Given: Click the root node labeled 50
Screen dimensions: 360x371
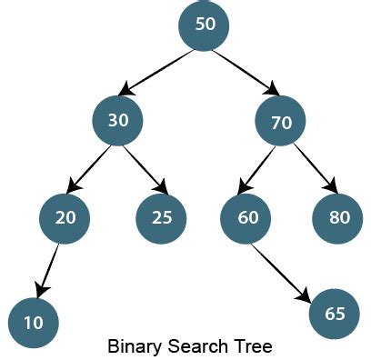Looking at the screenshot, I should click(x=205, y=25).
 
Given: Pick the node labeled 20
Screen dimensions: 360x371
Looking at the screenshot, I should click(x=65, y=217).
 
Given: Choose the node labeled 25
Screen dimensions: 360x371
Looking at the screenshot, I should click(x=161, y=217).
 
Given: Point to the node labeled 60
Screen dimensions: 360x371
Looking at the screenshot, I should click(x=246, y=217).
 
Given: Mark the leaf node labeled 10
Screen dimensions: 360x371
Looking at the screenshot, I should click(x=34, y=322).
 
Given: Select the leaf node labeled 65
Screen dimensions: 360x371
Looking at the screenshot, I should click(x=335, y=314).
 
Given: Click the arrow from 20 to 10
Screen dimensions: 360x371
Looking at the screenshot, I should click(x=48, y=271).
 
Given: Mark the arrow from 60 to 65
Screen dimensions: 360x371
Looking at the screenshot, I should click(x=286, y=270).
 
